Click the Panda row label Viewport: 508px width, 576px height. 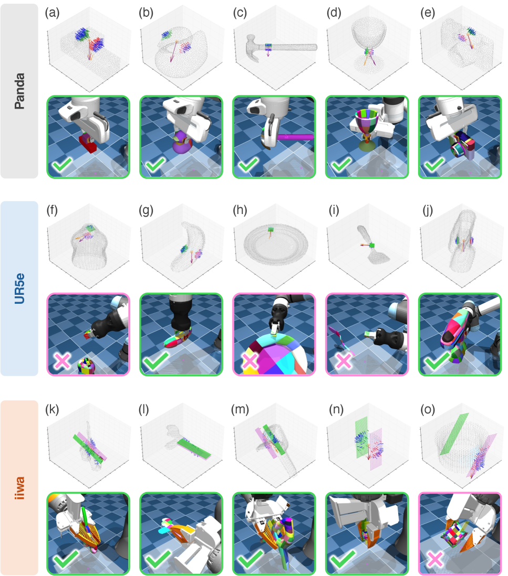(x=19, y=91)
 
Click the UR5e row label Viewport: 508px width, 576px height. (x=19, y=289)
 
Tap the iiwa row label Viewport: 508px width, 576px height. (x=19, y=488)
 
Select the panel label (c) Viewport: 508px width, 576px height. (x=240, y=13)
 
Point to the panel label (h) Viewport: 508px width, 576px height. (x=240, y=210)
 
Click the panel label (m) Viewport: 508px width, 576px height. (x=240, y=409)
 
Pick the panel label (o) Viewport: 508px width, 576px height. (x=428, y=409)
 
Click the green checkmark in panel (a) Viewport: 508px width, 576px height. (x=63, y=165)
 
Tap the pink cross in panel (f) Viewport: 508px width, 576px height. (x=62, y=361)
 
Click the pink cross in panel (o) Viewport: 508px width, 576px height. (x=435, y=559)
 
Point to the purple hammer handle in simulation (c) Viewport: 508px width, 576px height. (x=295, y=137)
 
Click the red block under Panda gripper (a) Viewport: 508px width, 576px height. (x=88, y=143)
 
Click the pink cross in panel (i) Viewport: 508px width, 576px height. (x=344, y=361)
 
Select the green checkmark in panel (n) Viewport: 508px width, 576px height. (x=342, y=559)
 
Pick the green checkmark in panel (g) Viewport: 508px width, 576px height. (x=156, y=361)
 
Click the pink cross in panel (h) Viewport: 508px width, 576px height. (x=250, y=361)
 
